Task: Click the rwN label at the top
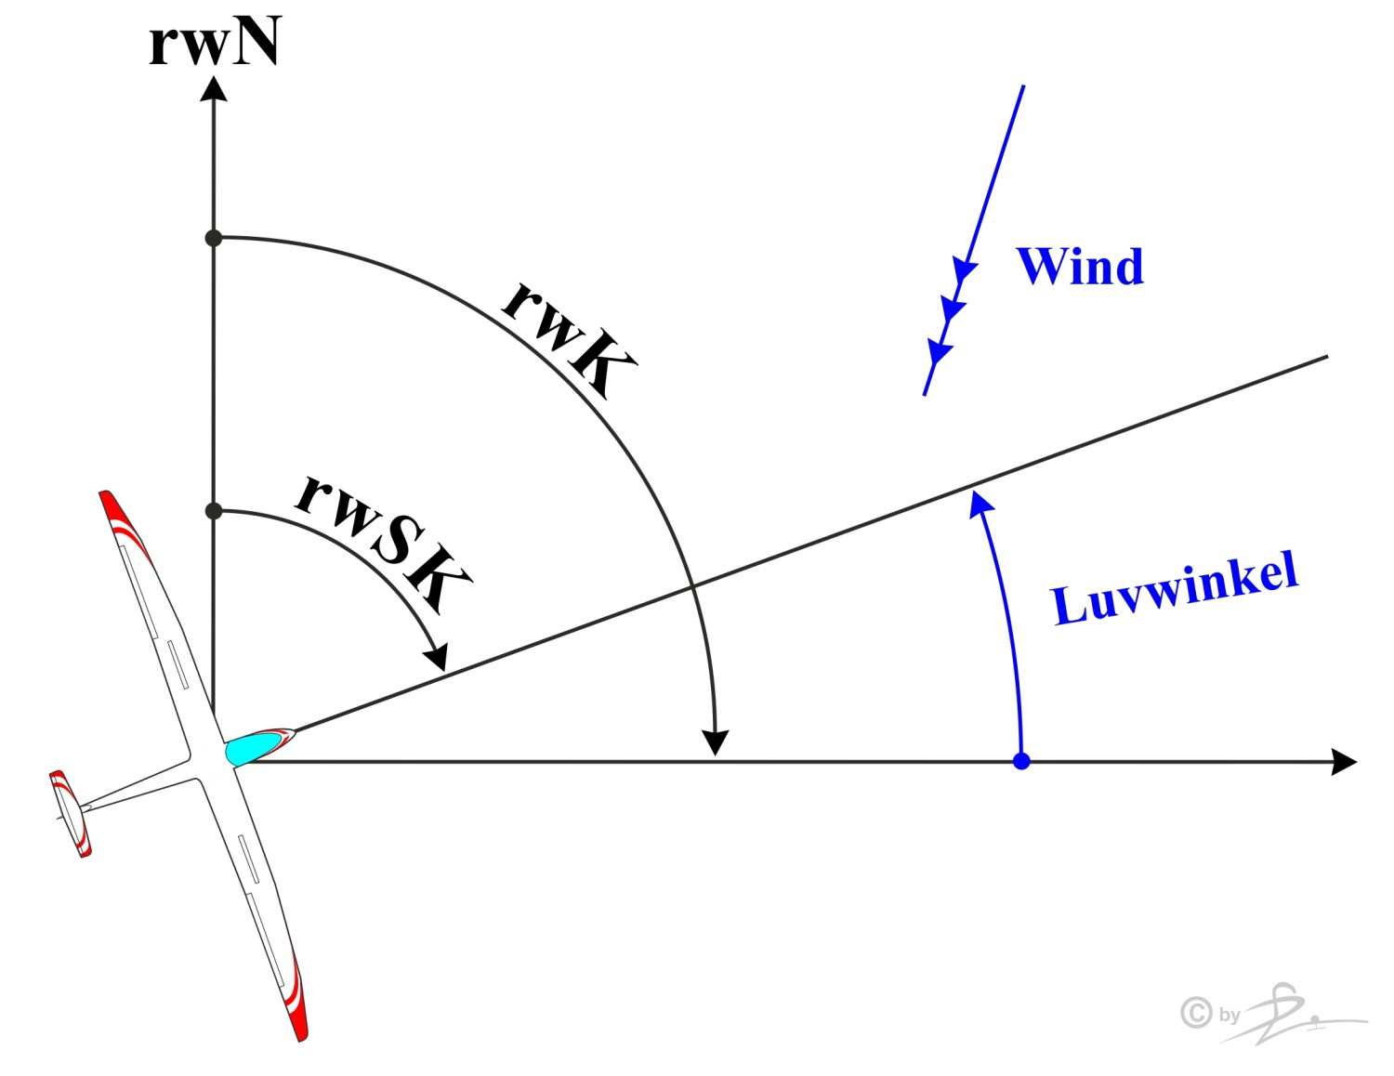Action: coord(215,43)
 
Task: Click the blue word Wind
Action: coord(1080,267)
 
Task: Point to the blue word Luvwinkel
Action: coord(1175,589)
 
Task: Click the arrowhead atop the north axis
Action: coord(214,88)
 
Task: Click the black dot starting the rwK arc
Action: coord(214,238)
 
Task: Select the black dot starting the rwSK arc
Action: coord(214,511)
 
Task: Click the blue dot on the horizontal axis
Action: coord(1021,762)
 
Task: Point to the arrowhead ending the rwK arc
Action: coord(715,742)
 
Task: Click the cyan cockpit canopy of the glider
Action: coord(253,746)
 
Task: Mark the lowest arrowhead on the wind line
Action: coord(940,353)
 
